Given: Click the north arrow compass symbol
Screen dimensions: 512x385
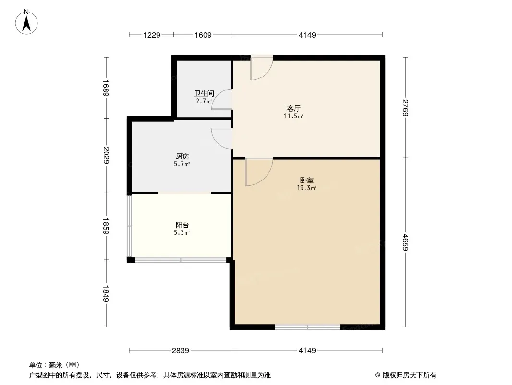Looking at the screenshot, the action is coord(26,22).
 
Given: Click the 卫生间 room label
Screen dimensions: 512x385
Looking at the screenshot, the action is coord(204,93).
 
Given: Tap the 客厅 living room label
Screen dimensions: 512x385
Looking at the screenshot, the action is coord(293,108).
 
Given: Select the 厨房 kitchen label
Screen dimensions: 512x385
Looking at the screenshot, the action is coord(182,156).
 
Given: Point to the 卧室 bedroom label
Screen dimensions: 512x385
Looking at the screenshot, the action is coord(306,180).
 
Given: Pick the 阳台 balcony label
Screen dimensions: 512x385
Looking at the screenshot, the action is coord(182,225).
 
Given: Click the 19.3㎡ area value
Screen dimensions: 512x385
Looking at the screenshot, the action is coord(306,188).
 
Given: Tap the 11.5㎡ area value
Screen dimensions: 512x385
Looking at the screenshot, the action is coord(293,116).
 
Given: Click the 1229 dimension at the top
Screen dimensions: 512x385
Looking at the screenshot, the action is coord(151,35).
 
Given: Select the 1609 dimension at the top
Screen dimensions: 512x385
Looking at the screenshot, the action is coord(203,35).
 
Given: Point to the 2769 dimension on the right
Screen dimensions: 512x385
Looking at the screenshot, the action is coord(405,108).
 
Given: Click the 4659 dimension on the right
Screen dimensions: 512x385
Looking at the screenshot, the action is coord(405,243).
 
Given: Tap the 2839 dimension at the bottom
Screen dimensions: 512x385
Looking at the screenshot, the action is coord(181,351).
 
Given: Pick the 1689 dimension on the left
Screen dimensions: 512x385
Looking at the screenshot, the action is coord(106,88).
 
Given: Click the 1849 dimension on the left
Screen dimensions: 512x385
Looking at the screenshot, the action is coord(106,294).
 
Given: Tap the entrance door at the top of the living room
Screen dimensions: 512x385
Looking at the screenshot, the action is coord(262,67).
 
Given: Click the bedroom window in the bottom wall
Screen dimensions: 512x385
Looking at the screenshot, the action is coord(307,327).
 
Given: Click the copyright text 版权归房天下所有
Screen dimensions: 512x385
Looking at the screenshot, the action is coord(409,375).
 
